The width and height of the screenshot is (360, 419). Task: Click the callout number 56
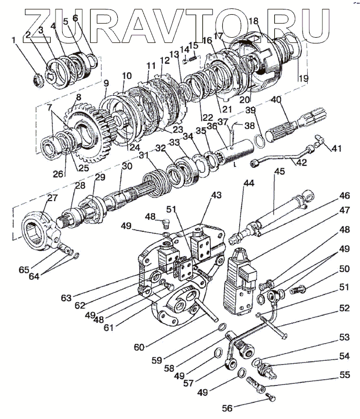coord(227,407)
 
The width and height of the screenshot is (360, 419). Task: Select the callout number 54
coord(343,356)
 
